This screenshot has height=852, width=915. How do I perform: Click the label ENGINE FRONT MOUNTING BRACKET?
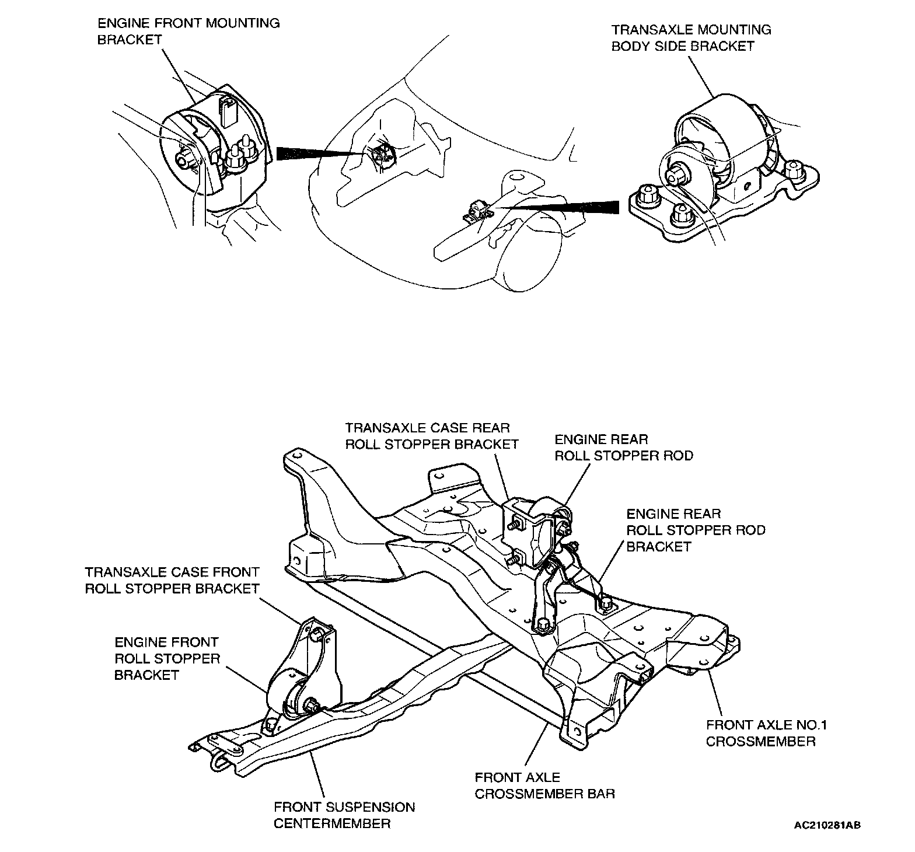[x=188, y=32]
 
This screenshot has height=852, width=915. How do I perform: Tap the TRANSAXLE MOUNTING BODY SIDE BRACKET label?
[x=691, y=38]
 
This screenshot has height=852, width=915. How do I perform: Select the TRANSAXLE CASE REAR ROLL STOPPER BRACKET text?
[x=432, y=436]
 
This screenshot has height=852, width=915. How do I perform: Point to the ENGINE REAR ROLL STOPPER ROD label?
[x=623, y=448]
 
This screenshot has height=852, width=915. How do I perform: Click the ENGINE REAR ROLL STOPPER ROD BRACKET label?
[x=696, y=530]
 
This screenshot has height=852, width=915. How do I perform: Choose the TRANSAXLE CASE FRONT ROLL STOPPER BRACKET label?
[x=172, y=581]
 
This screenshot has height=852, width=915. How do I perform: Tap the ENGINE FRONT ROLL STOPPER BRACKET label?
[x=167, y=659]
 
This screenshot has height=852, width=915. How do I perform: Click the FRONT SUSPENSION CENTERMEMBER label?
[x=344, y=815]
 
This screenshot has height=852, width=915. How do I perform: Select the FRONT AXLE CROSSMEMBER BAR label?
[x=544, y=785]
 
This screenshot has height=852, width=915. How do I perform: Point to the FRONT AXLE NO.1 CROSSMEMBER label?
[x=767, y=733]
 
